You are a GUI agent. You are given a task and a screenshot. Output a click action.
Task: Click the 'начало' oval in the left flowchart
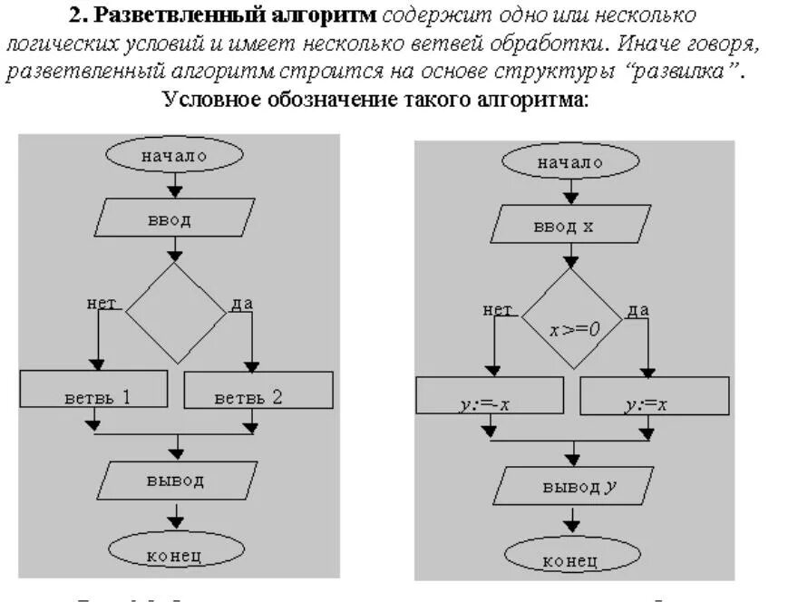click(175, 155)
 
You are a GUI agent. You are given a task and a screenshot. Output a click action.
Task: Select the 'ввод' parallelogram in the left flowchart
click(175, 218)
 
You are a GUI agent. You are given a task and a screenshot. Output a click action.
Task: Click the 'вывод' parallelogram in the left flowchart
click(175, 481)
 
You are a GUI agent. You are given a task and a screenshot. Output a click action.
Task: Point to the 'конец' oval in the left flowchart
click(175, 552)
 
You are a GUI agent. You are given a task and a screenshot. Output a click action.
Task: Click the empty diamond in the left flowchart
click(175, 312)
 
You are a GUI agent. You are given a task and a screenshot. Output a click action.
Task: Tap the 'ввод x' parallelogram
click(571, 225)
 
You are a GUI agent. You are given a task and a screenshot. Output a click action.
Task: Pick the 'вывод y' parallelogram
click(571, 486)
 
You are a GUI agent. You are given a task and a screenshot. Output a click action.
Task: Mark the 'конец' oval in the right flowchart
click(571, 558)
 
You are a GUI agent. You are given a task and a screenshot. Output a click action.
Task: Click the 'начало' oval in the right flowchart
click(570, 162)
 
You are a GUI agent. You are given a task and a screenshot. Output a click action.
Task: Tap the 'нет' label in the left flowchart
click(102, 304)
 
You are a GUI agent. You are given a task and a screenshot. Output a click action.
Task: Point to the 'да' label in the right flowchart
click(638, 310)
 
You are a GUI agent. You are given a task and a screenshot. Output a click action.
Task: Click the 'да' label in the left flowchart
click(241, 304)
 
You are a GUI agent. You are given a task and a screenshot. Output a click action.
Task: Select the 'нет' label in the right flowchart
click(498, 310)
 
